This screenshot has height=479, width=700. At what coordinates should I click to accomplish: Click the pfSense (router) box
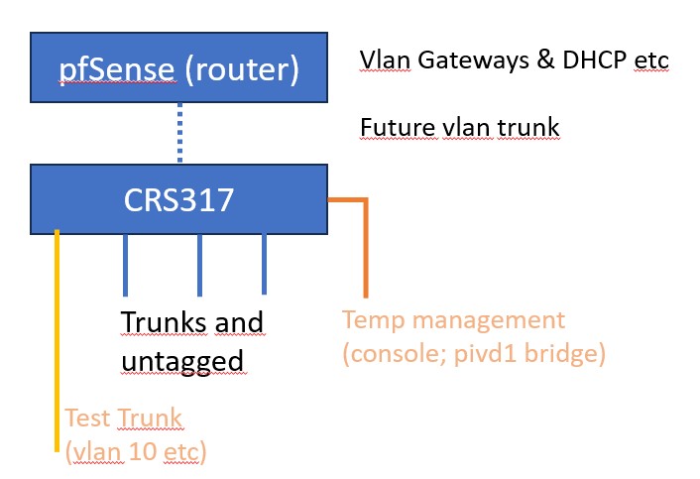click(x=178, y=67)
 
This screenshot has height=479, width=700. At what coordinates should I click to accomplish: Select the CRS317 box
click(x=178, y=199)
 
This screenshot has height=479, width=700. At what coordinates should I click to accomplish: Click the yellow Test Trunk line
click(x=57, y=337)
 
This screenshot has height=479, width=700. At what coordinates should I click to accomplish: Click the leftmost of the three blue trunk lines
click(x=125, y=265)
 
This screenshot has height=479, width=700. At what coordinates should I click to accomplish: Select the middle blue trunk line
click(x=200, y=265)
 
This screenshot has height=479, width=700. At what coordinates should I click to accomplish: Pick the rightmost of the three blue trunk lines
click(x=264, y=264)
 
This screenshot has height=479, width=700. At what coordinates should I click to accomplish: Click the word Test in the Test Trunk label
click(x=85, y=418)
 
